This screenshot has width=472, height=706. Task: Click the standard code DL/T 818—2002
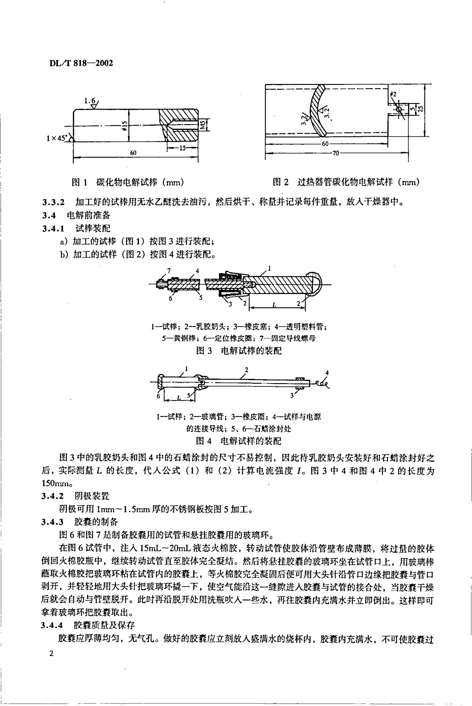[80, 63]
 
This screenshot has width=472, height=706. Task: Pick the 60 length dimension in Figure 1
[133, 153]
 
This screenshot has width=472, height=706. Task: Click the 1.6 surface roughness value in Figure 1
[89, 100]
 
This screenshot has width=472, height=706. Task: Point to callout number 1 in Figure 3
[269, 267]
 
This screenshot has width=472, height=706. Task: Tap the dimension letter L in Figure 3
[274, 305]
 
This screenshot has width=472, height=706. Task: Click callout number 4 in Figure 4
[327, 373]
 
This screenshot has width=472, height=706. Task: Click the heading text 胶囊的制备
[96, 522]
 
